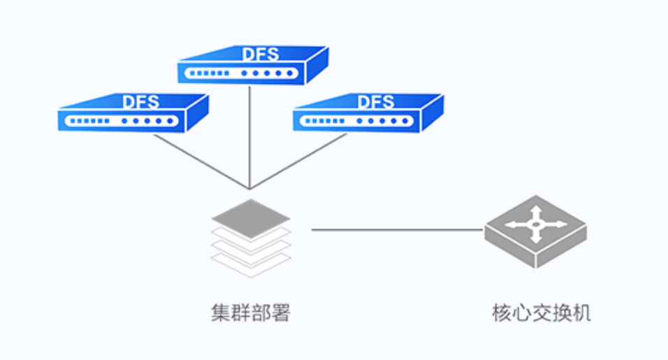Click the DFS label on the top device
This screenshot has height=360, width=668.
coord(260,54)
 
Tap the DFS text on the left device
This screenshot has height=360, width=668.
coord(141,101)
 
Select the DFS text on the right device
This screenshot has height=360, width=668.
coord(376,101)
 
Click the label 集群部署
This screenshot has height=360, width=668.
coord(250,312)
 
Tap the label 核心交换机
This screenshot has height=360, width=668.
coord(542,312)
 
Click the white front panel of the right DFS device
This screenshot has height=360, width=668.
coord(356,121)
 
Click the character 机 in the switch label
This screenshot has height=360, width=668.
coord(581,312)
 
